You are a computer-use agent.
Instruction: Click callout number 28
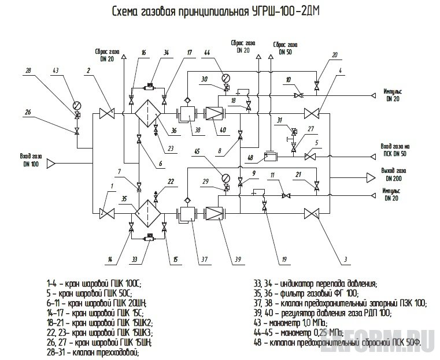pyautogui.click(x=28, y=70)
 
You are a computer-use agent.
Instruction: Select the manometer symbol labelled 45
pyautogui.click(x=226, y=177)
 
